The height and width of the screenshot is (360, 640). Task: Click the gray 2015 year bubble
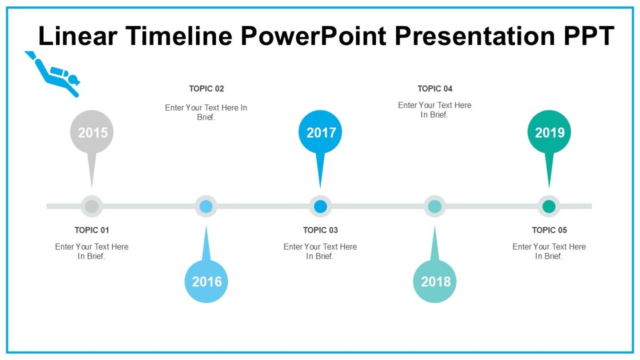92,132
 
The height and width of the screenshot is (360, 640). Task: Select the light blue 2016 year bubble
206,282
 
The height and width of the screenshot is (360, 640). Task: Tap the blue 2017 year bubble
321,132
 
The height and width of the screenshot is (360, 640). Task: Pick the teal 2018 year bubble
435,282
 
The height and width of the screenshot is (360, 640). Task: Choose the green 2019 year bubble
549,132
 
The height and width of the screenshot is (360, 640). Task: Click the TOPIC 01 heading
92,230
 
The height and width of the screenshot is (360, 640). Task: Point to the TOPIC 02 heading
206,89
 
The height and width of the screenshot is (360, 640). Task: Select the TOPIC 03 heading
321,230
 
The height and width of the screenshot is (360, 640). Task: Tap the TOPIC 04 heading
435,89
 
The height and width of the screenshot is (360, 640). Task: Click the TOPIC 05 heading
549,230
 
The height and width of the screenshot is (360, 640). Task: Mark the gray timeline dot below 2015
92,206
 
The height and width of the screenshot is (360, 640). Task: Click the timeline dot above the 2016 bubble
206,206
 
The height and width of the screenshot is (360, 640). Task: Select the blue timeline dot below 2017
321,206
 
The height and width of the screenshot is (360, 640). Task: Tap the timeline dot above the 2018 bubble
435,206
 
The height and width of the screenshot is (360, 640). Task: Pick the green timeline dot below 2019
549,206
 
